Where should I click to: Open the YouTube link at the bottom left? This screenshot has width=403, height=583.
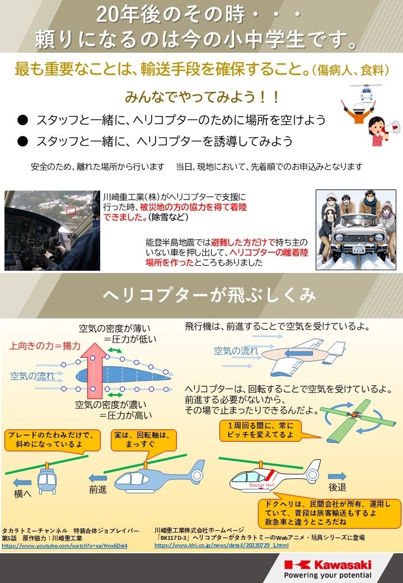point(64,545)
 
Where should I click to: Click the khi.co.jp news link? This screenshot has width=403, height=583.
point(221,545)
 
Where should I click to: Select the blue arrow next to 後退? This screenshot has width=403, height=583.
point(337,476)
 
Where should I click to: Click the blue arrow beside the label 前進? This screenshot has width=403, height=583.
point(98,478)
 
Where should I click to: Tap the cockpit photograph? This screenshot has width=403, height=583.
point(52,230)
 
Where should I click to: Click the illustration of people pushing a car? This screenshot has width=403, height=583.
point(356,229)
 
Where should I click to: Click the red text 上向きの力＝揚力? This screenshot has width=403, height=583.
point(45,346)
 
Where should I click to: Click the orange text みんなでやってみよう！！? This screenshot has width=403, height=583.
point(201,96)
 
